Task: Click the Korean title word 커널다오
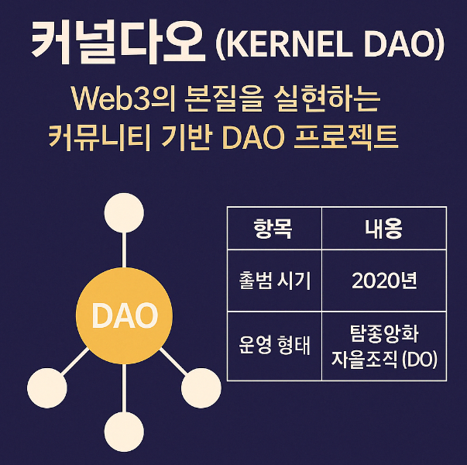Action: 117,43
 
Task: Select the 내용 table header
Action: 383,229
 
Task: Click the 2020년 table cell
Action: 383,280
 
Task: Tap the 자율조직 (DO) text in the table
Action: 383,360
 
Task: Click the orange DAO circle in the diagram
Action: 125,315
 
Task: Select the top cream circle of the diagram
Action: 125,210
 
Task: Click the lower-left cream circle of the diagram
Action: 47,385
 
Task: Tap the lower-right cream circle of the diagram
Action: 201,385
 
